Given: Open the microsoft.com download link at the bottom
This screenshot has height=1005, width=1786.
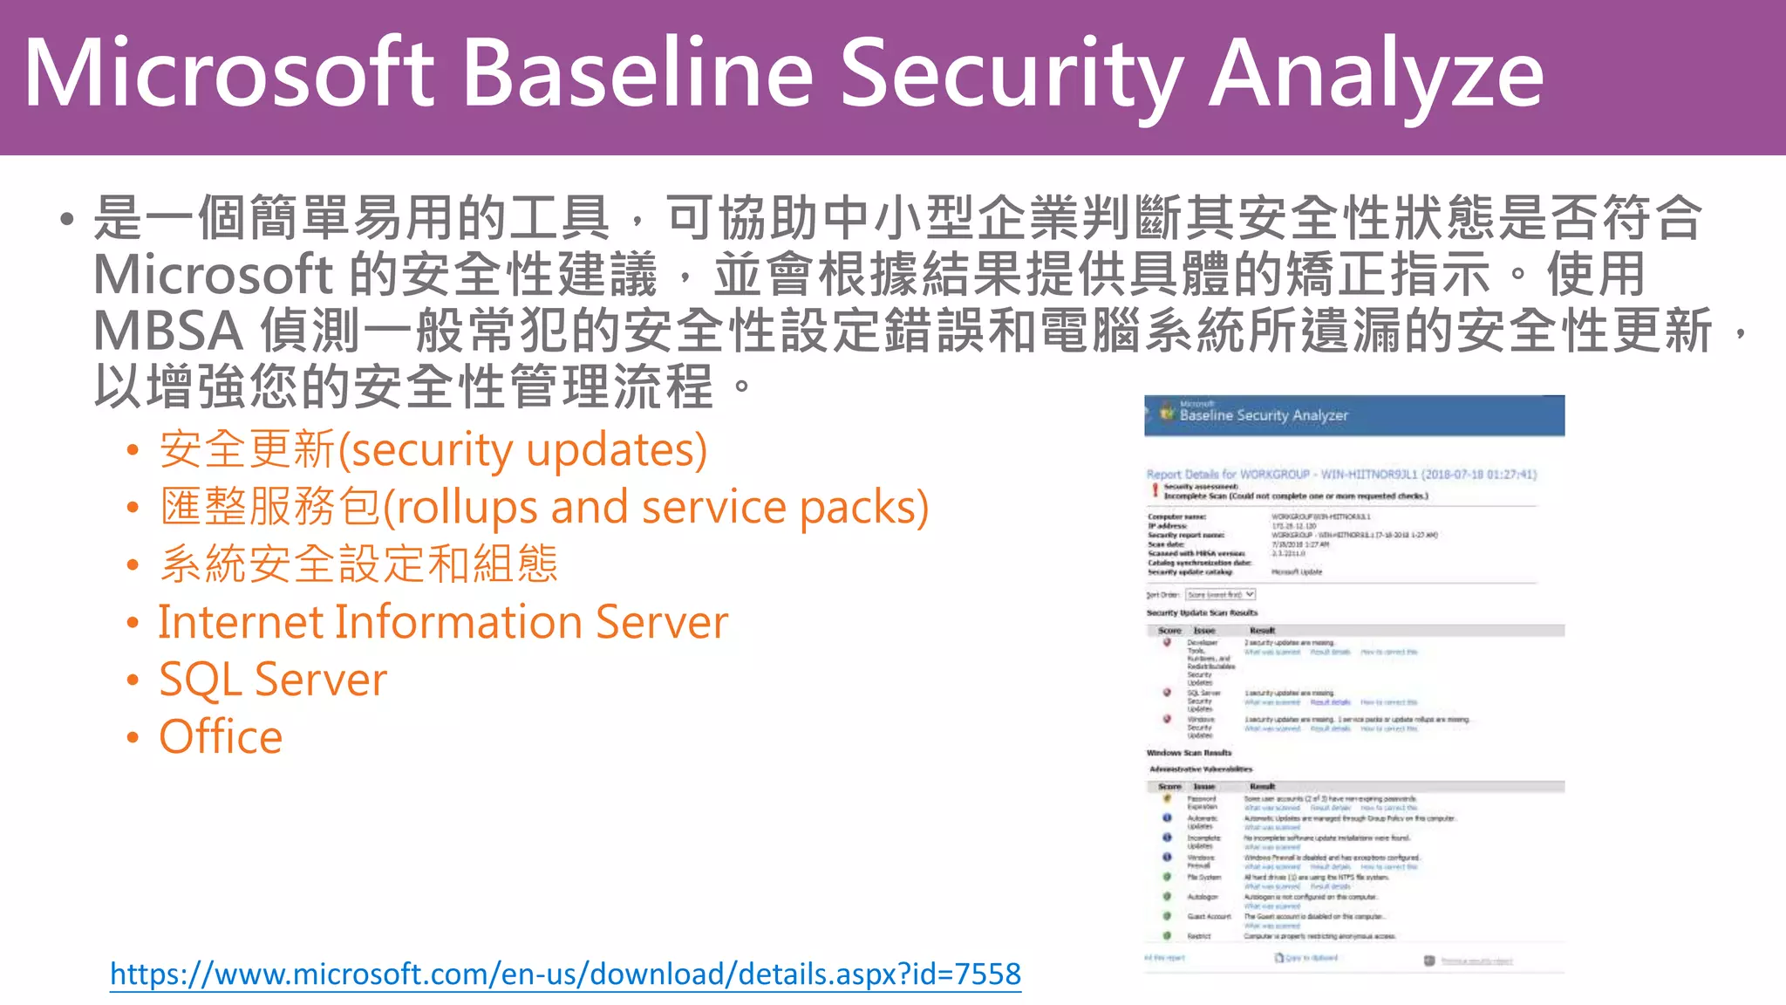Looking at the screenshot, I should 565,974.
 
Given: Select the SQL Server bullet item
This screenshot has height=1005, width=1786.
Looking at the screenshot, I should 273,680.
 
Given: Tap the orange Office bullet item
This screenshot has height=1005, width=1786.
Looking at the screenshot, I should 221,737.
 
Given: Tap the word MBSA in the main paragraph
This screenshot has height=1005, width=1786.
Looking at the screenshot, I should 167,332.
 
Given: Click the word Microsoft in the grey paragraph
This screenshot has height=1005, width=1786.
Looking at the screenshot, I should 213,276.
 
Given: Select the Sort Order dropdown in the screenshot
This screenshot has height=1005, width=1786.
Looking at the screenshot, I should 1220,595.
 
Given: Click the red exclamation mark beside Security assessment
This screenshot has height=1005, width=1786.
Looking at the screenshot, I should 1155,491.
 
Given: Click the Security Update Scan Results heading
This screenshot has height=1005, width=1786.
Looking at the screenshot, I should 1202,613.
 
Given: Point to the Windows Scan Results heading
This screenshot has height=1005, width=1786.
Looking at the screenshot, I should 1189,753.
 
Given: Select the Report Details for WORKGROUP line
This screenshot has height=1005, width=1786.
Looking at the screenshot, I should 1340,475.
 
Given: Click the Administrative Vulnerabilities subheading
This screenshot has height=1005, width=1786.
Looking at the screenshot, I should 1200,769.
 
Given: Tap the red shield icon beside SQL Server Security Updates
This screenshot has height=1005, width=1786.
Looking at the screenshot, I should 1167,693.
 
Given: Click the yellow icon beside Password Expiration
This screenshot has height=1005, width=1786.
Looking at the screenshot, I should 1167,798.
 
